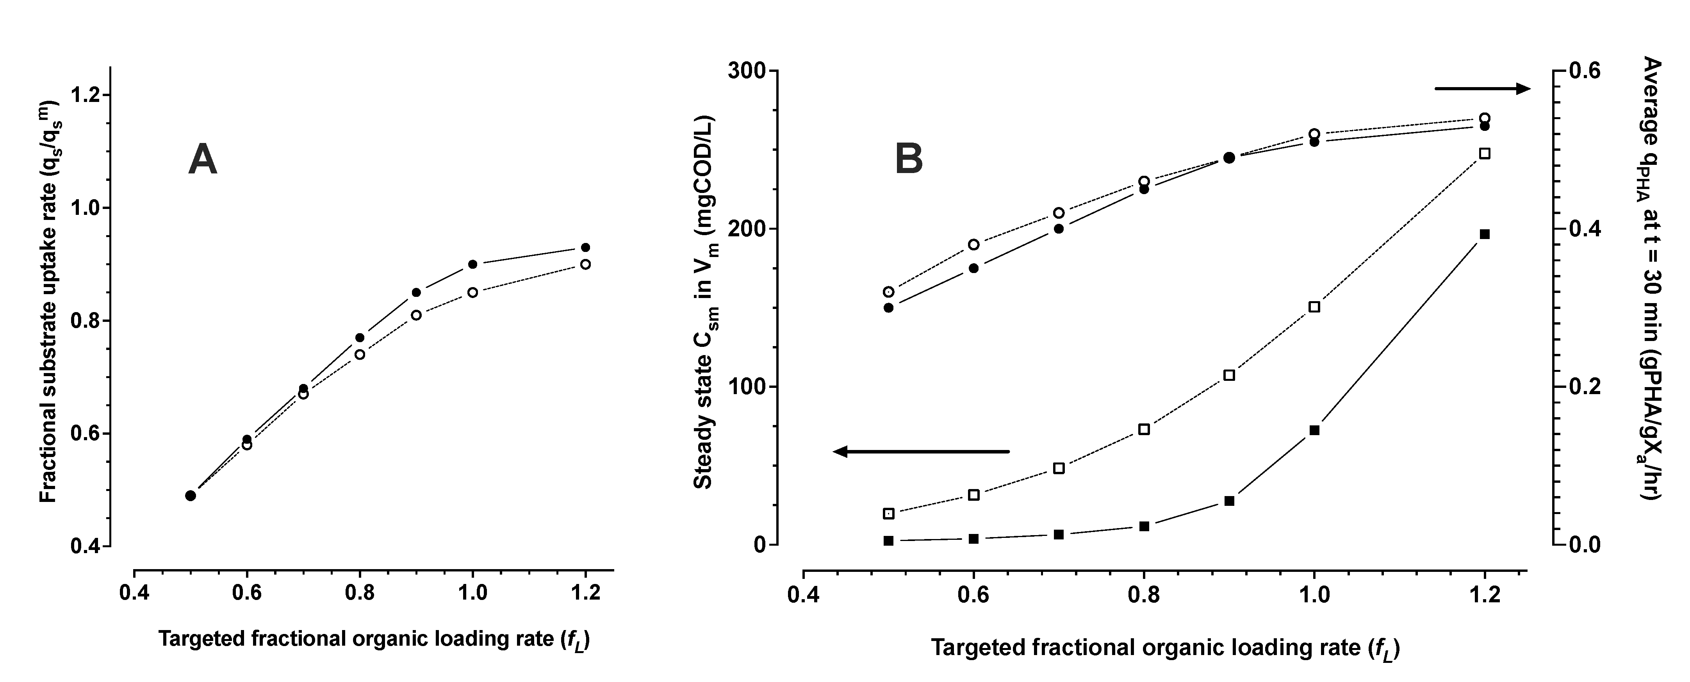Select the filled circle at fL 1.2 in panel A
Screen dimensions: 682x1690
585,248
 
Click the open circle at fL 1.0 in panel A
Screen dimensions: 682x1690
472,293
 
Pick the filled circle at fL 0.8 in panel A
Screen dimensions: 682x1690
360,337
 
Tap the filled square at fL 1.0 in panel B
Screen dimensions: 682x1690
1314,430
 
